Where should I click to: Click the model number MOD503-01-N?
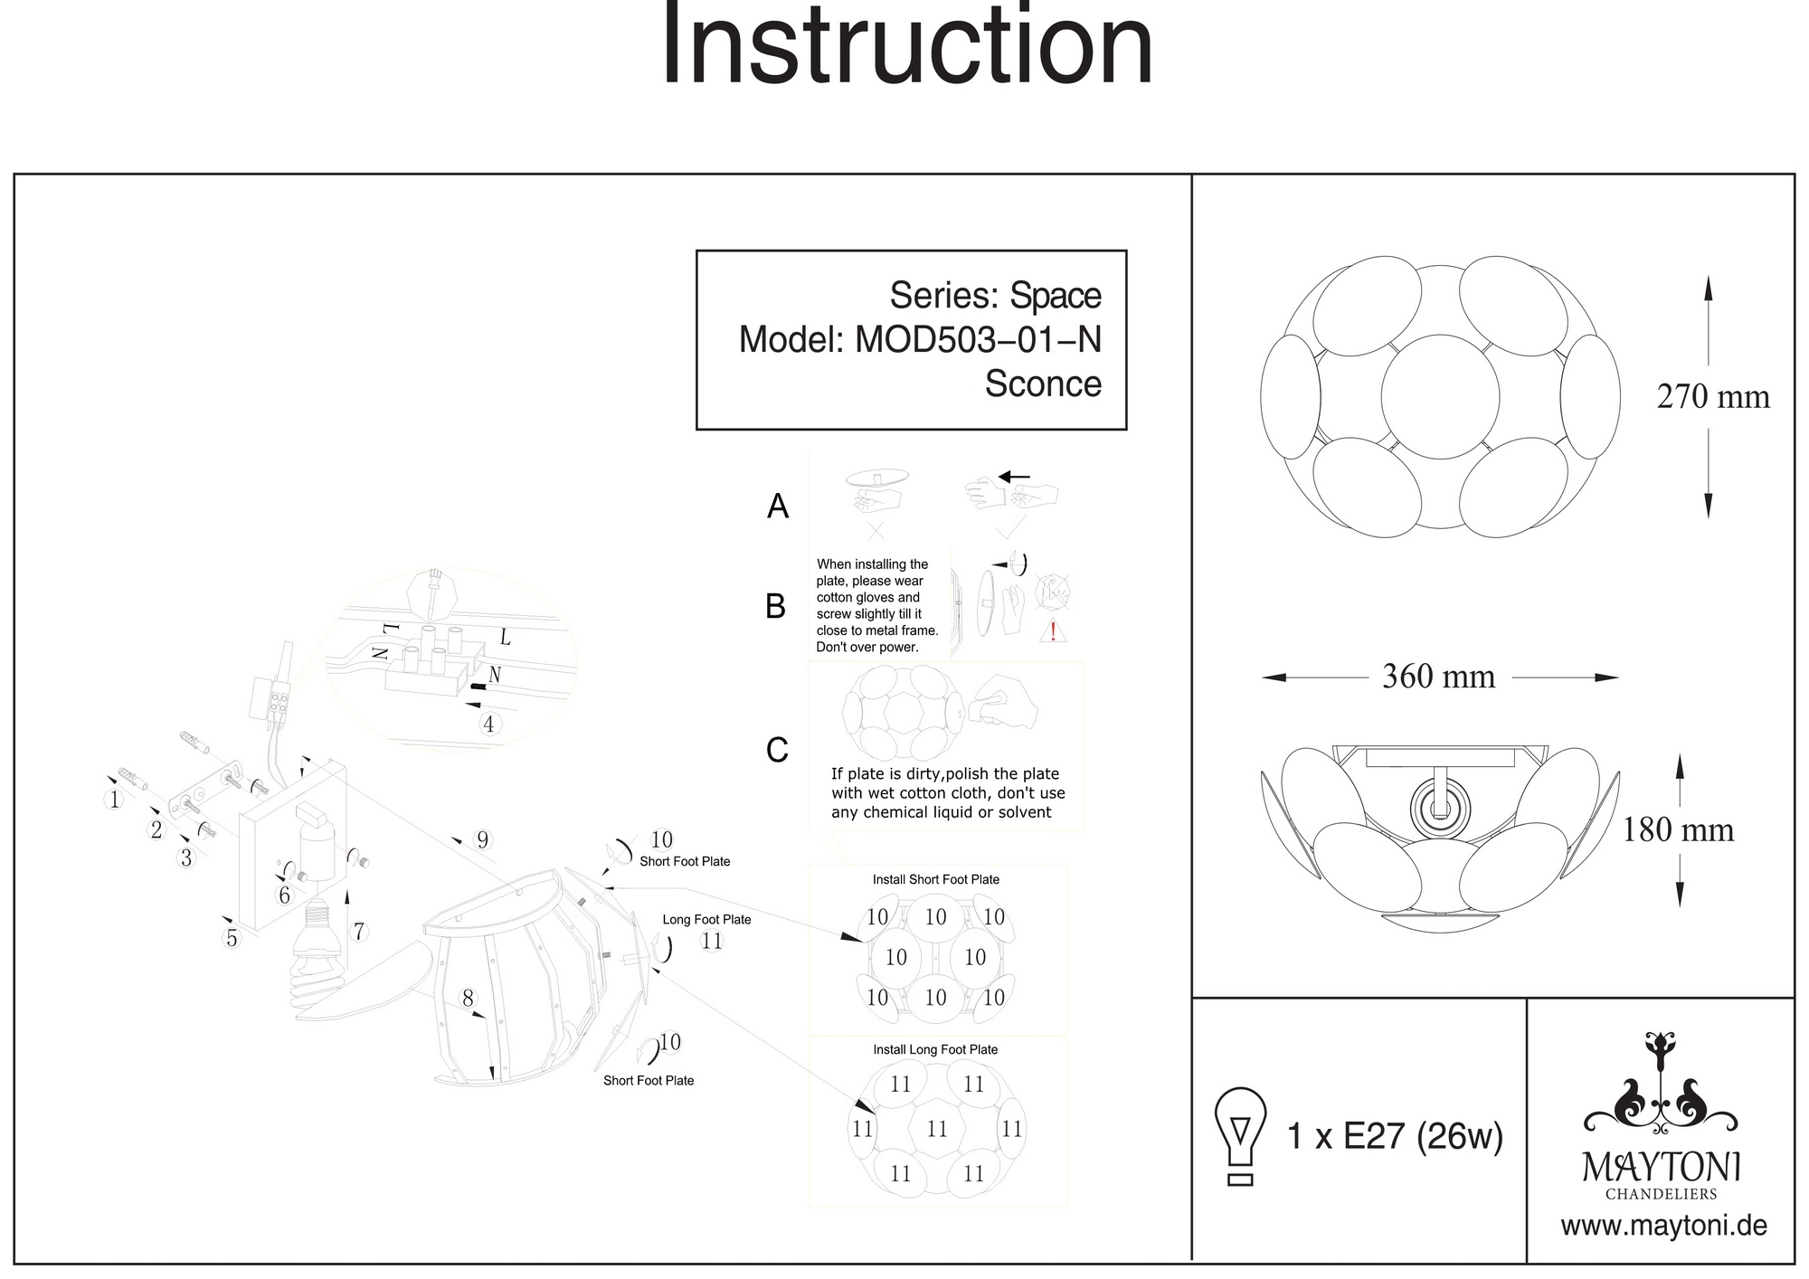tap(978, 340)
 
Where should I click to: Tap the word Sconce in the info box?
tap(1043, 384)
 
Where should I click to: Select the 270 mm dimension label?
tap(1712, 397)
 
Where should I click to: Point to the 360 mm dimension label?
tap(1438, 677)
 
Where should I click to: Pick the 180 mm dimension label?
tap(1678, 830)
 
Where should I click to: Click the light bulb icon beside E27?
tap(1240, 1136)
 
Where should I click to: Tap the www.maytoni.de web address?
tap(1663, 1227)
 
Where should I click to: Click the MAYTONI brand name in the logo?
tap(1662, 1167)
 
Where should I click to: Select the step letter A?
tap(778, 507)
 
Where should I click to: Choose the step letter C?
tap(777, 751)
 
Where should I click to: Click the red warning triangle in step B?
tap(1052, 631)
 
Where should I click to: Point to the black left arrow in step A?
tap(1014, 477)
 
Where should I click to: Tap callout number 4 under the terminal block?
tap(488, 725)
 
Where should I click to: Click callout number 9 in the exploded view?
tap(483, 840)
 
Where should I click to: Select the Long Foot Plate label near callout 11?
tap(706, 920)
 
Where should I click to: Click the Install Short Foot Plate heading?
tap(935, 879)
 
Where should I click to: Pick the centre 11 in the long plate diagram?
tap(937, 1129)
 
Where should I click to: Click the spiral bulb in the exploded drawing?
tap(315, 981)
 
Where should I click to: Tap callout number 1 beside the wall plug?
tap(114, 800)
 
